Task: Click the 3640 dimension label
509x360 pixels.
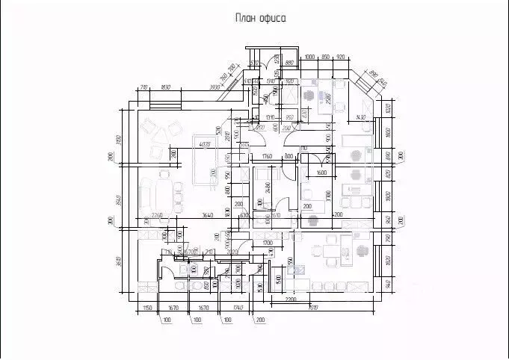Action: [209, 216]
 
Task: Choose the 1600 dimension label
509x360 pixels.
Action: [321, 173]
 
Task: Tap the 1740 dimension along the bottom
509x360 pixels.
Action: [238, 308]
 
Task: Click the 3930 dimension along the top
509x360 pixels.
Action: [215, 87]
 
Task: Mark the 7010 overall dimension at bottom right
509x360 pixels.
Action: [312, 307]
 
